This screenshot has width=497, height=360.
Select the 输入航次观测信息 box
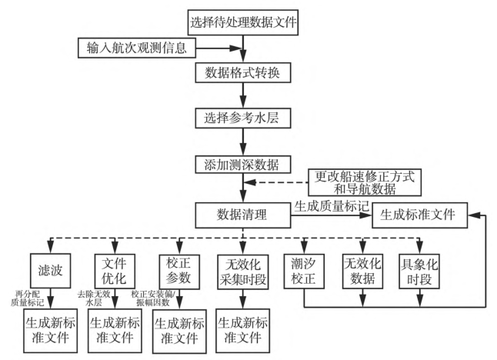pos(138,48)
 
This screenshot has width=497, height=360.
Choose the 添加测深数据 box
pos(243,166)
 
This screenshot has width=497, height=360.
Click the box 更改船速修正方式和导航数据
pos(365,182)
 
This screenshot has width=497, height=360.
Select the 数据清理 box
pos(242,215)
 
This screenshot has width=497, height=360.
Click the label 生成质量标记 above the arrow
pos(330,205)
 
